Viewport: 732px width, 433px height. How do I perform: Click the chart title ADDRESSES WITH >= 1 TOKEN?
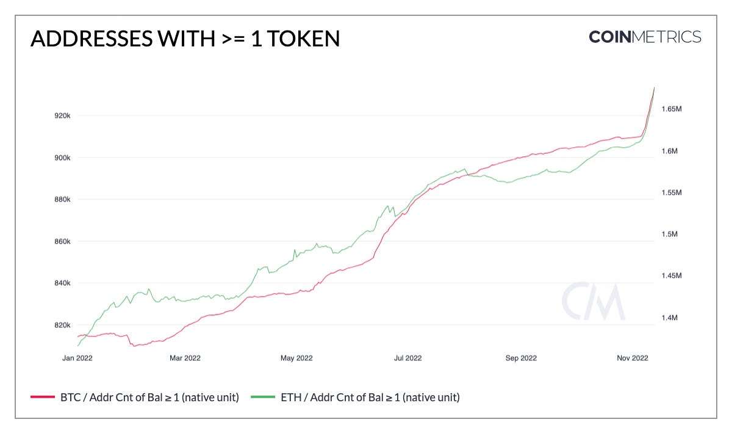[x=185, y=38]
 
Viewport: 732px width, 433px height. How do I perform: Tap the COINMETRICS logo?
[x=645, y=37]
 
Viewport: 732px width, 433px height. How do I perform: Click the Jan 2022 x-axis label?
[x=77, y=358]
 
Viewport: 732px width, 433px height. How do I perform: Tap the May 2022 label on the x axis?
[x=296, y=358]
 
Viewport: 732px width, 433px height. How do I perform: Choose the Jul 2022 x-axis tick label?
[x=407, y=358]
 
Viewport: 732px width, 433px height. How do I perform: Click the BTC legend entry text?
[x=149, y=397]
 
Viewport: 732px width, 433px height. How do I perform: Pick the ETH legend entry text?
[x=370, y=397]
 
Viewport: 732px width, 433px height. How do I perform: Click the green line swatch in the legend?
[x=263, y=398]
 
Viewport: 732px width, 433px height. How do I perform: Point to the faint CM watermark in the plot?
[x=593, y=302]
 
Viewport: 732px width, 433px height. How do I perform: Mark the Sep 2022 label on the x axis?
[x=521, y=358]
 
